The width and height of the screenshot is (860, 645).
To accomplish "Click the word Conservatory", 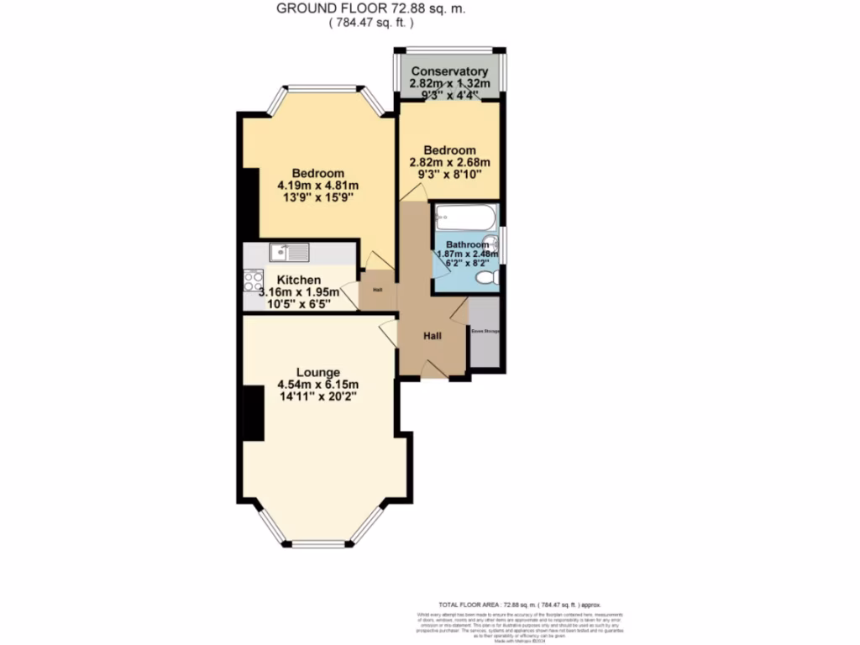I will point(449,71).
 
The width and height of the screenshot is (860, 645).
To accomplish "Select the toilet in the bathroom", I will point(490,277).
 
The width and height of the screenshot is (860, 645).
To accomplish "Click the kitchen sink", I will point(290,250).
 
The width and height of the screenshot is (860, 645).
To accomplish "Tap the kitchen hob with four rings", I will point(253,280).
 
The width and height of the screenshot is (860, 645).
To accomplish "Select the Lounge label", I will point(317,372).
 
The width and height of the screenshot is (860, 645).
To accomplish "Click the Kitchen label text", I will point(299,280).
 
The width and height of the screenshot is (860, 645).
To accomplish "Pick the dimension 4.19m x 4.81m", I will point(317,186).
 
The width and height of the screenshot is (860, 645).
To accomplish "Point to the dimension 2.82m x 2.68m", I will point(449,162).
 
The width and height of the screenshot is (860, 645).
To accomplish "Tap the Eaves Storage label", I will point(485,332).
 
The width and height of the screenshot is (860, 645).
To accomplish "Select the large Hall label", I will point(433,335).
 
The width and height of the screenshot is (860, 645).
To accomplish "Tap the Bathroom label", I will point(467,244).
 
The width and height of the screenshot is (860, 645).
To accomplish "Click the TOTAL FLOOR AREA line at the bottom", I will point(520,604).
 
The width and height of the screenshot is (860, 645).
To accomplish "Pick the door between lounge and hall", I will point(388,334).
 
